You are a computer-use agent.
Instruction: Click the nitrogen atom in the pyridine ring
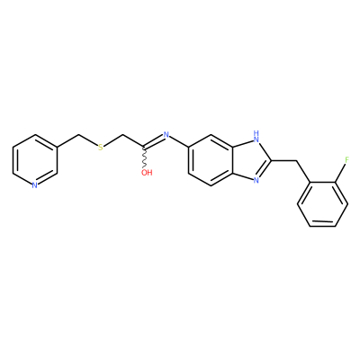click(x=35, y=185)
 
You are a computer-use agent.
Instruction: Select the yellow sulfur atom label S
click(x=101, y=148)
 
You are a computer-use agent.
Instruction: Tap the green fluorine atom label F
click(x=347, y=160)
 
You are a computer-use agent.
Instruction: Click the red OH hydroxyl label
click(x=147, y=173)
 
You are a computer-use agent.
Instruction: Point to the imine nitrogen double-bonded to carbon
click(x=166, y=135)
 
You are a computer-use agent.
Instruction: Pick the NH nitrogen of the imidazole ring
click(x=256, y=136)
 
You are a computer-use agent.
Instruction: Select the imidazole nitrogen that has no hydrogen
click(x=256, y=180)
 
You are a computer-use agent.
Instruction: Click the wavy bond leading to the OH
click(x=145, y=157)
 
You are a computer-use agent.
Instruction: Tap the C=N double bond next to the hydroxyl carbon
click(x=154, y=141)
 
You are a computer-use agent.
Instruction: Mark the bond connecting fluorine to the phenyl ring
click(x=340, y=173)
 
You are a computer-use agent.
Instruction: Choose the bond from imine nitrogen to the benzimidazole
click(x=179, y=141)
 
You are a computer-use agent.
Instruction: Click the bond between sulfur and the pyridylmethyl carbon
click(x=88, y=141)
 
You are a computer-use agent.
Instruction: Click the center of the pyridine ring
click(x=35, y=160)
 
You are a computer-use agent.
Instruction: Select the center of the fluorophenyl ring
click(x=323, y=204)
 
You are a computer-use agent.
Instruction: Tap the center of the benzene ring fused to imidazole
click(x=211, y=160)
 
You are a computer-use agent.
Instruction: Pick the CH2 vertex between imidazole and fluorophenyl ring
click(x=298, y=161)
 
